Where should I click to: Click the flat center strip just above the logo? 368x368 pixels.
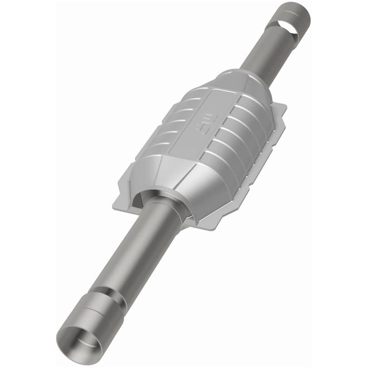click(x=225, y=102)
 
